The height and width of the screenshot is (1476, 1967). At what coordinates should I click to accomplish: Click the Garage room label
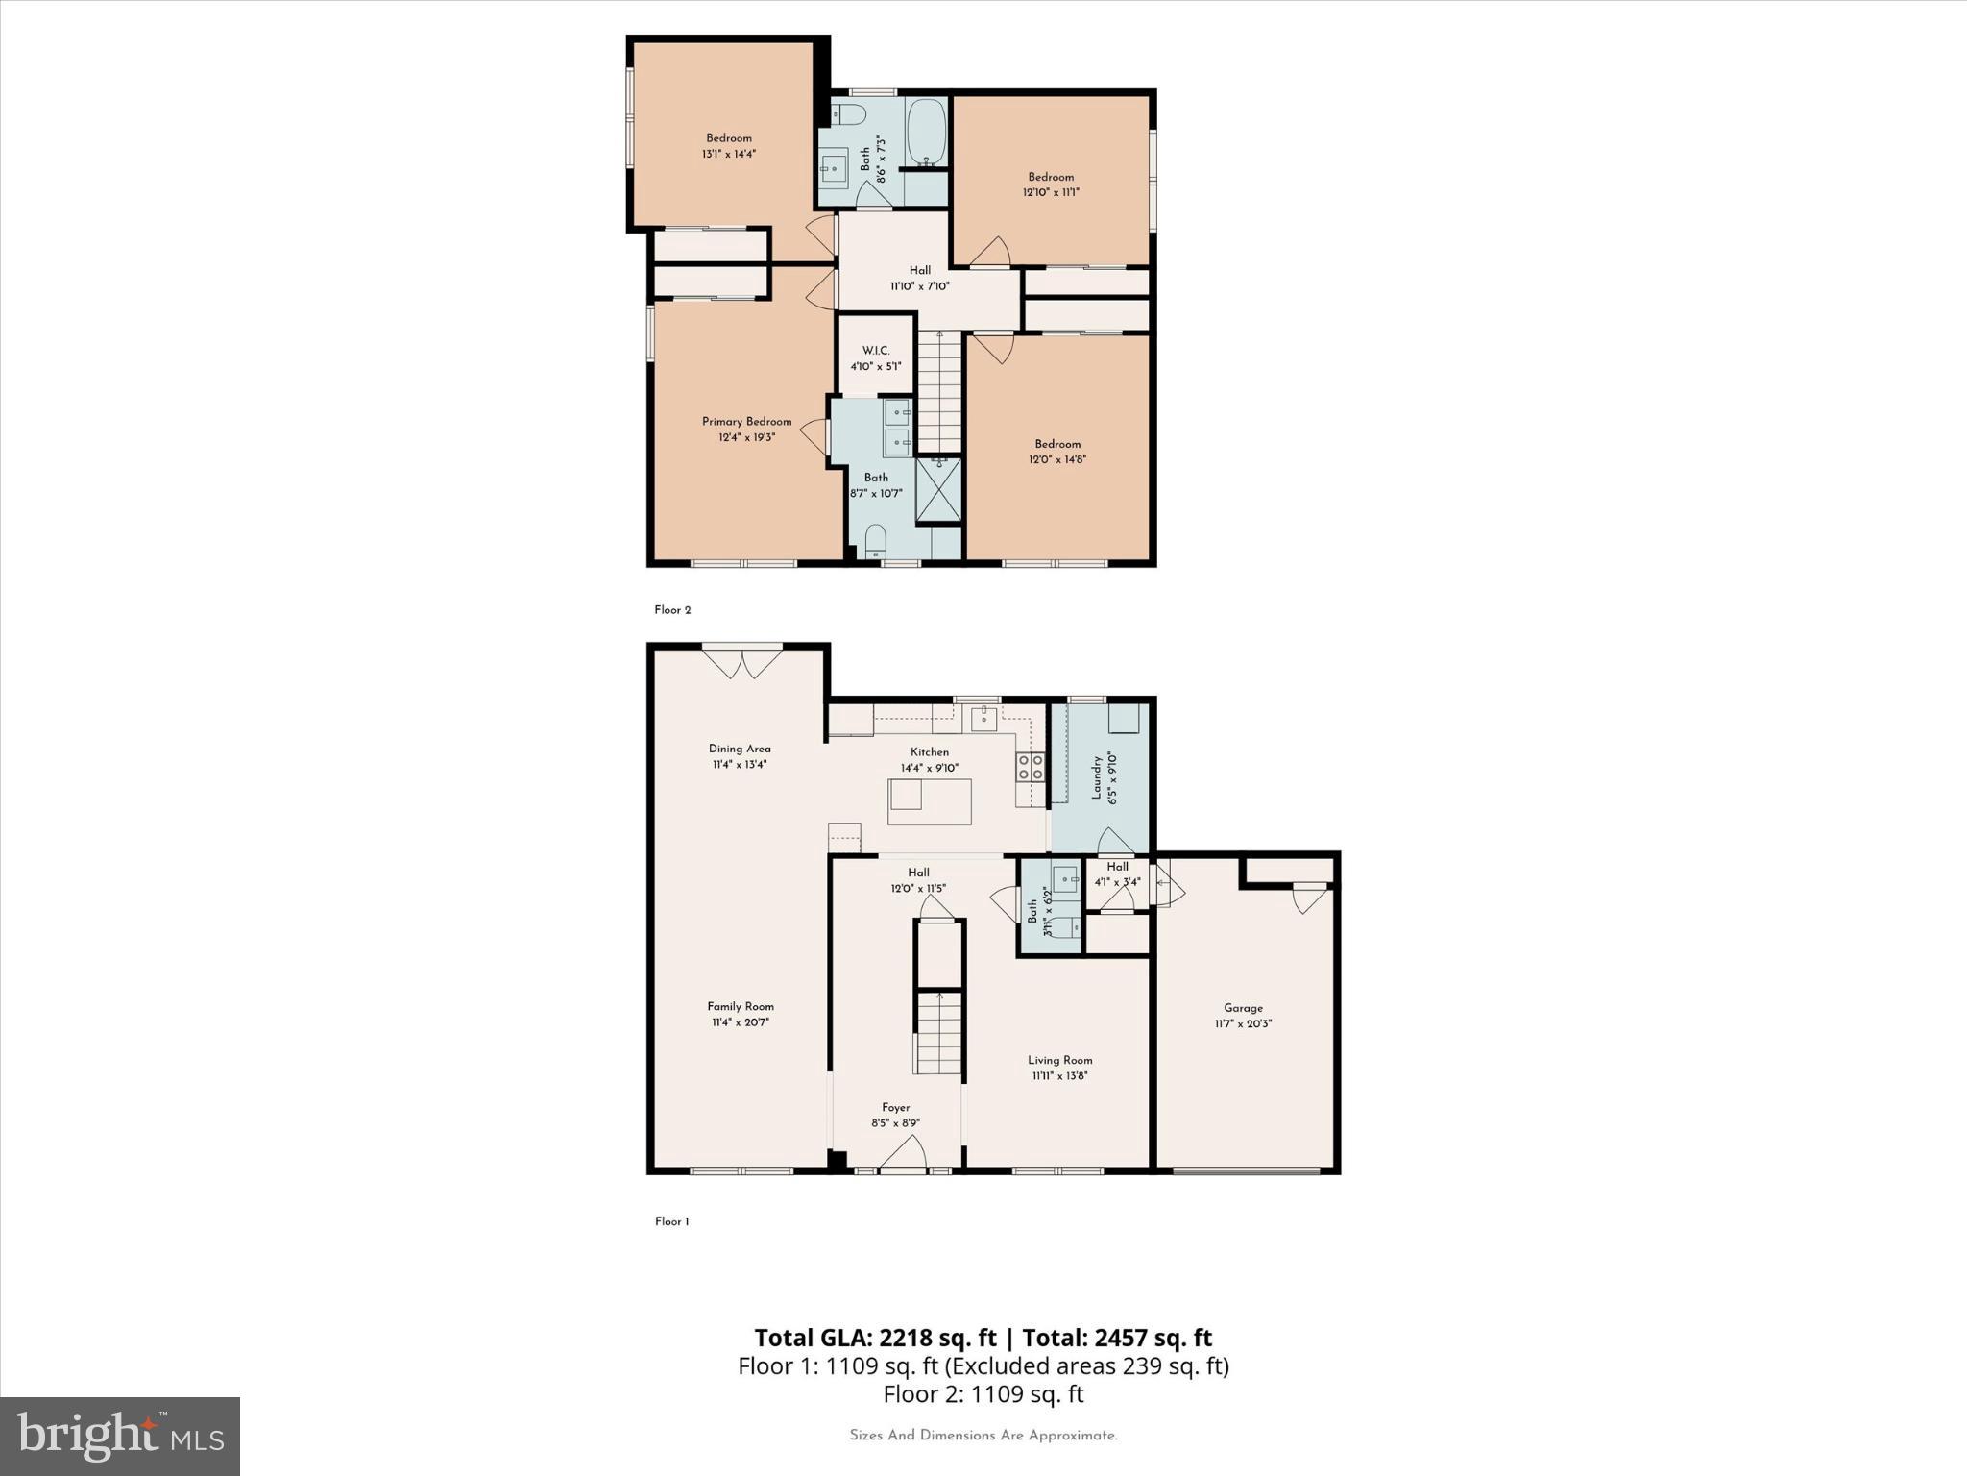(x=1243, y=1008)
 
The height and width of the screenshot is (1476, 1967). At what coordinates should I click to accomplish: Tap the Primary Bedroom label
(x=746, y=422)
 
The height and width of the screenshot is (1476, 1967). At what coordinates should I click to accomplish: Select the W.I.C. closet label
(x=875, y=351)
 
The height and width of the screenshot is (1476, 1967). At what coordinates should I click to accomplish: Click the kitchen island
(x=929, y=801)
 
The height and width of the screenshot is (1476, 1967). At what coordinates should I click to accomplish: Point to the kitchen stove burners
(x=1031, y=766)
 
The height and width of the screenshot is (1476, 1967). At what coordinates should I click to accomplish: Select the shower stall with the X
(x=938, y=490)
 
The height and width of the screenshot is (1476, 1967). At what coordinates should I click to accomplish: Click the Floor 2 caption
(x=672, y=610)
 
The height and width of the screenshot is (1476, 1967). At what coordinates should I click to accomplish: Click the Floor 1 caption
(x=671, y=1221)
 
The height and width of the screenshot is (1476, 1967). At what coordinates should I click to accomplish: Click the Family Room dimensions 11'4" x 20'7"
(x=741, y=1022)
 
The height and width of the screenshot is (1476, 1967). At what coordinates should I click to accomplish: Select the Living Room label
(x=1059, y=1060)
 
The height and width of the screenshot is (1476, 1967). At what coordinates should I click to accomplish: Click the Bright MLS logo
(x=120, y=1436)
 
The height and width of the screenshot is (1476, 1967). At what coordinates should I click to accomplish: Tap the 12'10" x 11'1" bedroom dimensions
(x=1051, y=192)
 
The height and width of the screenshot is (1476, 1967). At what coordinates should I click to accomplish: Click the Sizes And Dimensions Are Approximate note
(x=983, y=1436)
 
